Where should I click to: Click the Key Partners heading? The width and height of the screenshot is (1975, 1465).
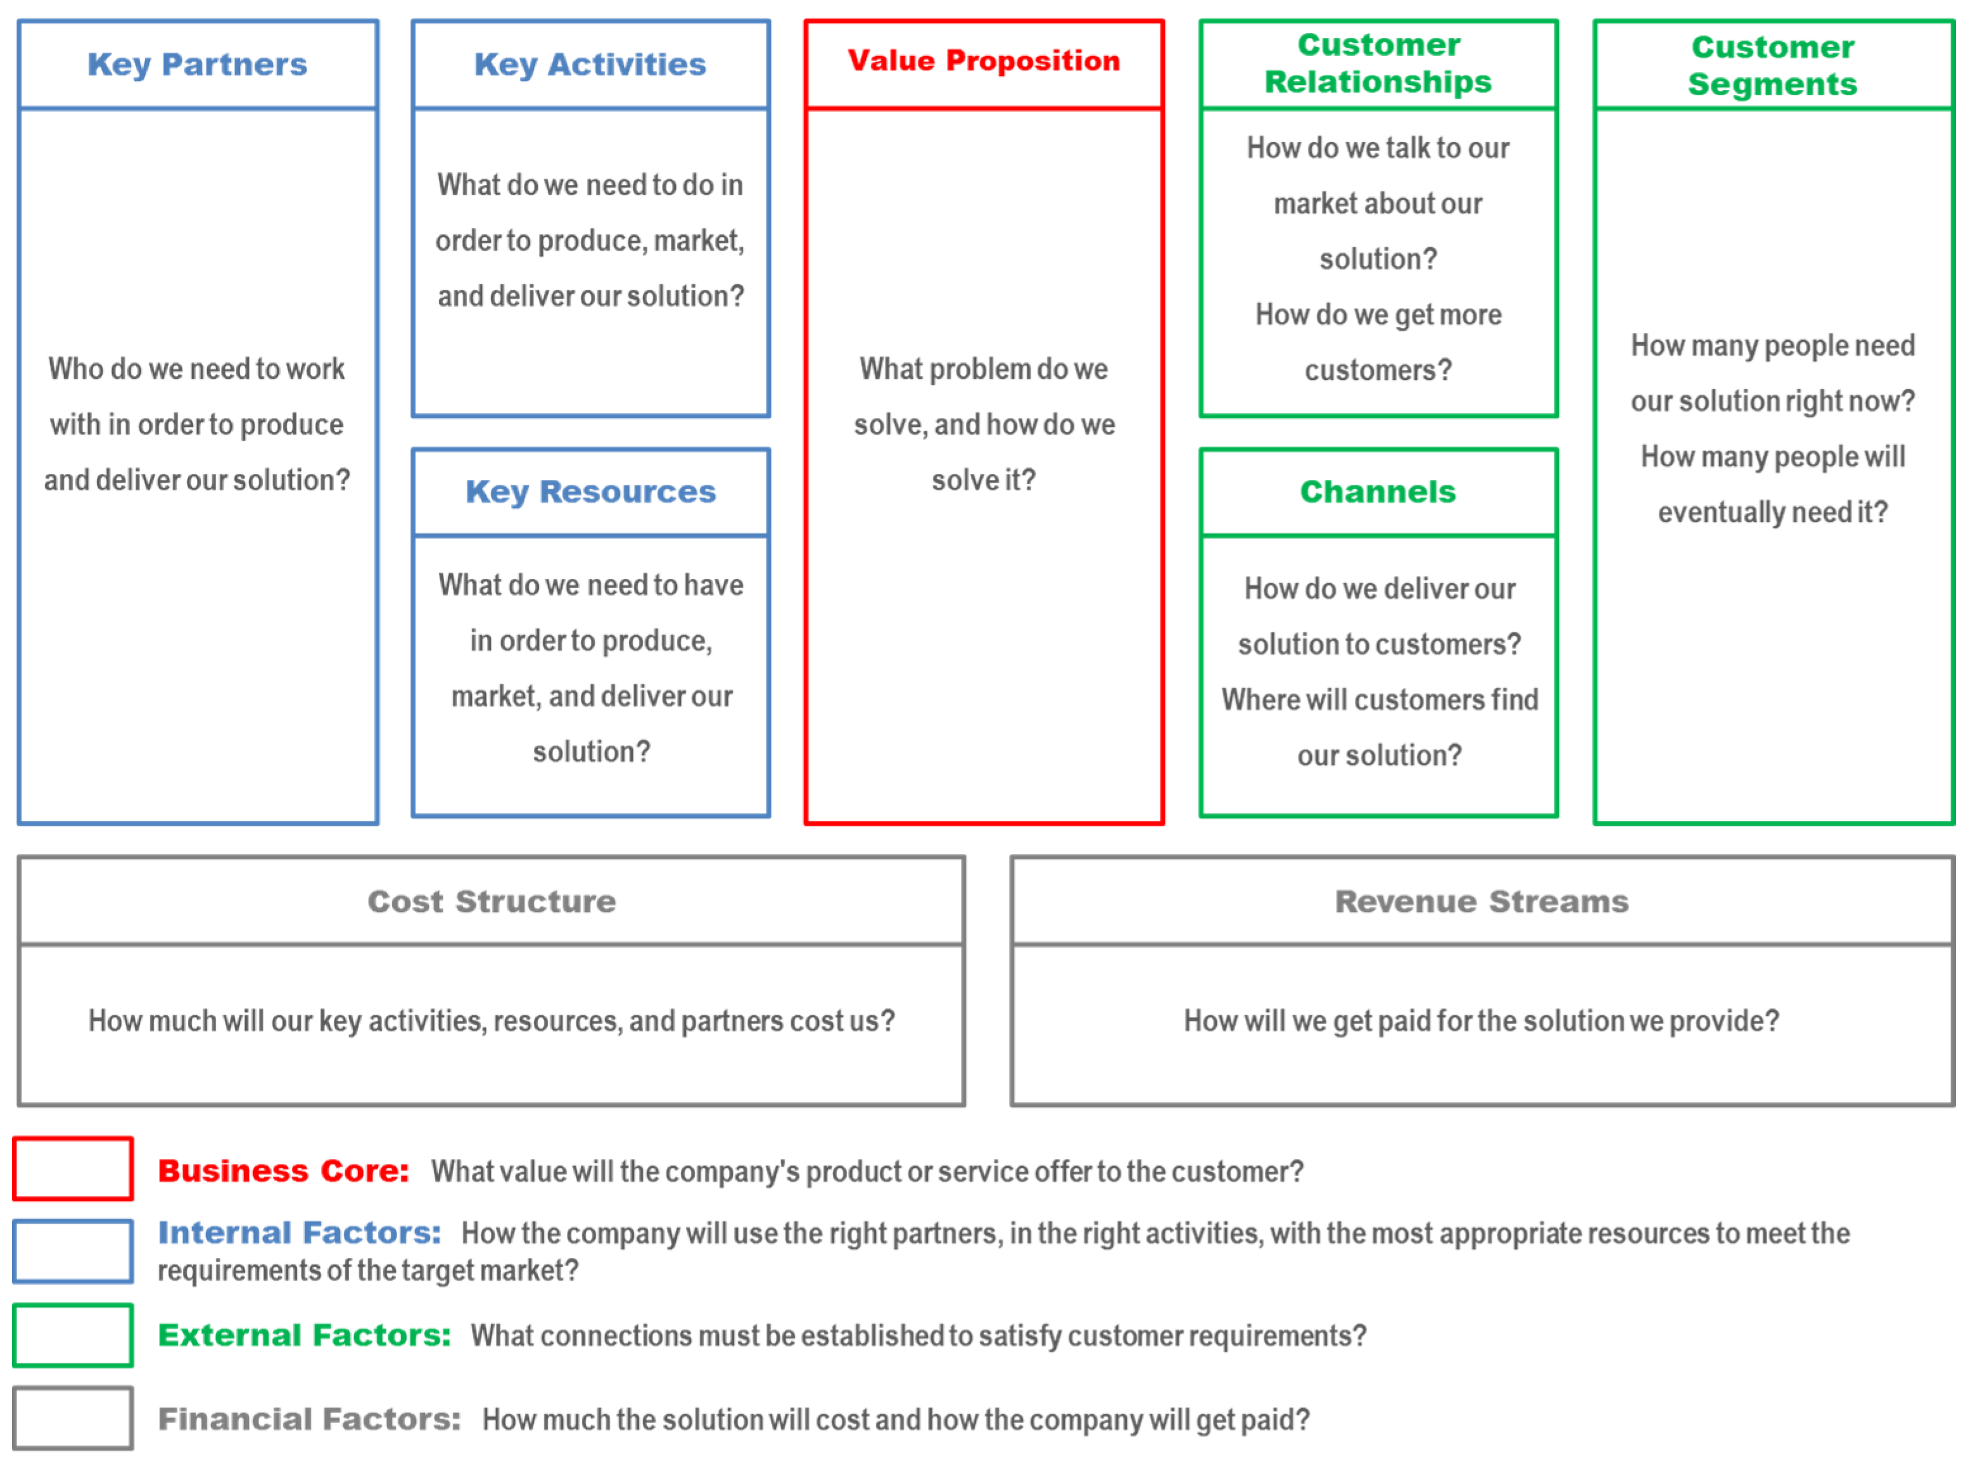pyautogui.click(x=197, y=65)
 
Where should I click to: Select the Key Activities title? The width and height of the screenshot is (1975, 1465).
pyautogui.click(x=590, y=65)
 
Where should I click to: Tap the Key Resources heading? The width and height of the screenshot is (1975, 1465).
pyautogui.click(x=590, y=492)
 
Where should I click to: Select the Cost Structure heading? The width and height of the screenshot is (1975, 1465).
pyautogui.click(x=492, y=901)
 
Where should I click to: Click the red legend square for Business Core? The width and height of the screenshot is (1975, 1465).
pyautogui.click(x=73, y=1169)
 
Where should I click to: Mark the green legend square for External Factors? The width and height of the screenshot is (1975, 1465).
pyautogui.click(x=73, y=1335)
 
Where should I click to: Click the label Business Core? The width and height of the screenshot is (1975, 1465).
pyautogui.click(x=283, y=1170)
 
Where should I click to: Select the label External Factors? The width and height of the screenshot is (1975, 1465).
pyautogui.click(x=304, y=1335)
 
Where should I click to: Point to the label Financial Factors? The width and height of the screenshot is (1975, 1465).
pyautogui.click(x=308, y=1419)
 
